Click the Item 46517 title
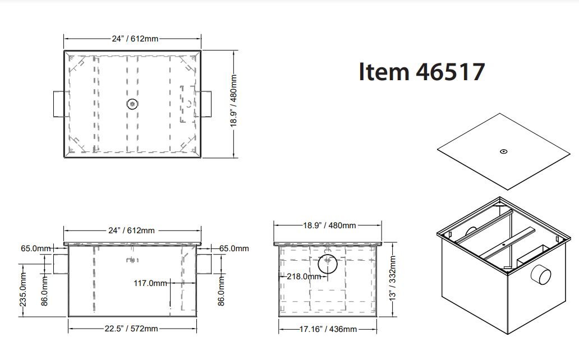(422, 72)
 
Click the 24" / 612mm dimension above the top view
(135, 39)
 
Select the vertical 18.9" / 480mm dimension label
(233, 101)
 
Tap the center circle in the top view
(132, 104)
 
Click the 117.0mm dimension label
(150, 283)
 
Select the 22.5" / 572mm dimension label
(131, 329)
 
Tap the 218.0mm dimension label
(304, 276)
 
